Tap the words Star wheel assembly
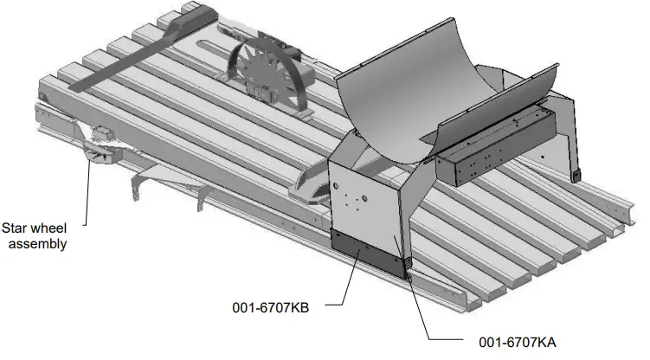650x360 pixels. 37,236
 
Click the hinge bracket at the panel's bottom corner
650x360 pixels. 407,262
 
